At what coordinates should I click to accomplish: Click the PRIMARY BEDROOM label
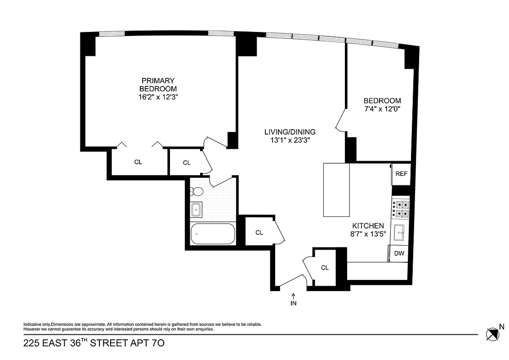[x=158, y=85]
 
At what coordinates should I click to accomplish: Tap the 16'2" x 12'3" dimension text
[x=158, y=97]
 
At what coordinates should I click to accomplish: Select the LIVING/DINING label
[x=290, y=132]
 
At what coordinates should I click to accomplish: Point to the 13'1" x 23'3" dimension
[x=290, y=140]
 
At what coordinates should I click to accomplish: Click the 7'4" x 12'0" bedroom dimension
[x=382, y=109]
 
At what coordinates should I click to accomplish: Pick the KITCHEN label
[x=368, y=225]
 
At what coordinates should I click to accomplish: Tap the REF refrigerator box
[x=401, y=174]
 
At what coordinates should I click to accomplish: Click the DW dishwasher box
[x=399, y=253]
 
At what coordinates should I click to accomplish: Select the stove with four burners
[x=400, y=208]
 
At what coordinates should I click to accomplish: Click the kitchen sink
[x=400, y=233]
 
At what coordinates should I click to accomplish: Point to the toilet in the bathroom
[x=196, y=192]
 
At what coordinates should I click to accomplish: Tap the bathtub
[x=213, y=234]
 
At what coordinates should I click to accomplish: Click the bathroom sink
[x=196, y=210]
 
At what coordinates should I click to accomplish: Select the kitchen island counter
[x=336, y=190]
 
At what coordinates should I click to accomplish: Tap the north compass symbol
[x=492, y=334]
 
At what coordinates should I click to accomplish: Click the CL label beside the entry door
[x=325, y=268]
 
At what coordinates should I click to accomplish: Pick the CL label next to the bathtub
[x=259, y=233]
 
